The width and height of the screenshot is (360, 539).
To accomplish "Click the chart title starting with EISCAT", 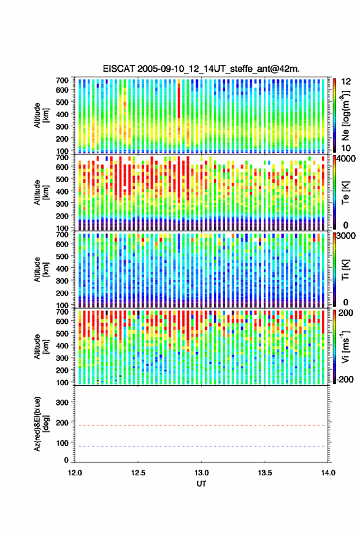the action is (x=201, y=69).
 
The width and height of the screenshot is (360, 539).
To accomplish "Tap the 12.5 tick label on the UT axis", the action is (x=138, y=473).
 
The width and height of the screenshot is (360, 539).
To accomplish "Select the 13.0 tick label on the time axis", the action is (x=202, y=473).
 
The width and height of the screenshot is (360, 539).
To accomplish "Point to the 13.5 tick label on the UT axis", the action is (x=265, y=473).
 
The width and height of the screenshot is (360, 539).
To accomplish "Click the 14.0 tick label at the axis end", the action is (x=328, y=473).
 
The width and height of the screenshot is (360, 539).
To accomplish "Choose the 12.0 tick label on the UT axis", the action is (x=75, y=473).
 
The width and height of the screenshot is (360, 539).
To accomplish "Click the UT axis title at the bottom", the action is (x=201, y=484).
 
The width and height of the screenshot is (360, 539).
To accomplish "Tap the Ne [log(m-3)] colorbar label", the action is (x=345, y=115).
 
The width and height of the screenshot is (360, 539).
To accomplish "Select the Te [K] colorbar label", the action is (x=345, y=193).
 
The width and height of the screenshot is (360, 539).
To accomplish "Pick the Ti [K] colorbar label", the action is (x=345, y=270).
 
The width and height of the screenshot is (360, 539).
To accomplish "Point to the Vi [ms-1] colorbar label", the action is (x=345, y=346).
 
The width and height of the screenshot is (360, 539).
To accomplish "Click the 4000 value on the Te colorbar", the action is (x=345, y=159).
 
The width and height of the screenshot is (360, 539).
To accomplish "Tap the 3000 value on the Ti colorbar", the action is (x=345, y=236).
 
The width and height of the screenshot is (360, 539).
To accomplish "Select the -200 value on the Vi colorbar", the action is (x=345, y=379).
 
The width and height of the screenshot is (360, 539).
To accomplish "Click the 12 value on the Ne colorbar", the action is (x=346, y=82).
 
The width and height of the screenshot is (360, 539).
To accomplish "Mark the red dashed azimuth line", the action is (x=202, y=426).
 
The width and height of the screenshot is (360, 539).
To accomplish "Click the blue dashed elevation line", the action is (x=202, y=446).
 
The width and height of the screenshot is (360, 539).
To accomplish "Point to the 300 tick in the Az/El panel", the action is (x=62, y=402).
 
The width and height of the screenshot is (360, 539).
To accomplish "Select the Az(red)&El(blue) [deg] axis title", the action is (x=41, y=424).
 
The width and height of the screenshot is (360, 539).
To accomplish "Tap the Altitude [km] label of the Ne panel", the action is (x=41, y=115).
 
